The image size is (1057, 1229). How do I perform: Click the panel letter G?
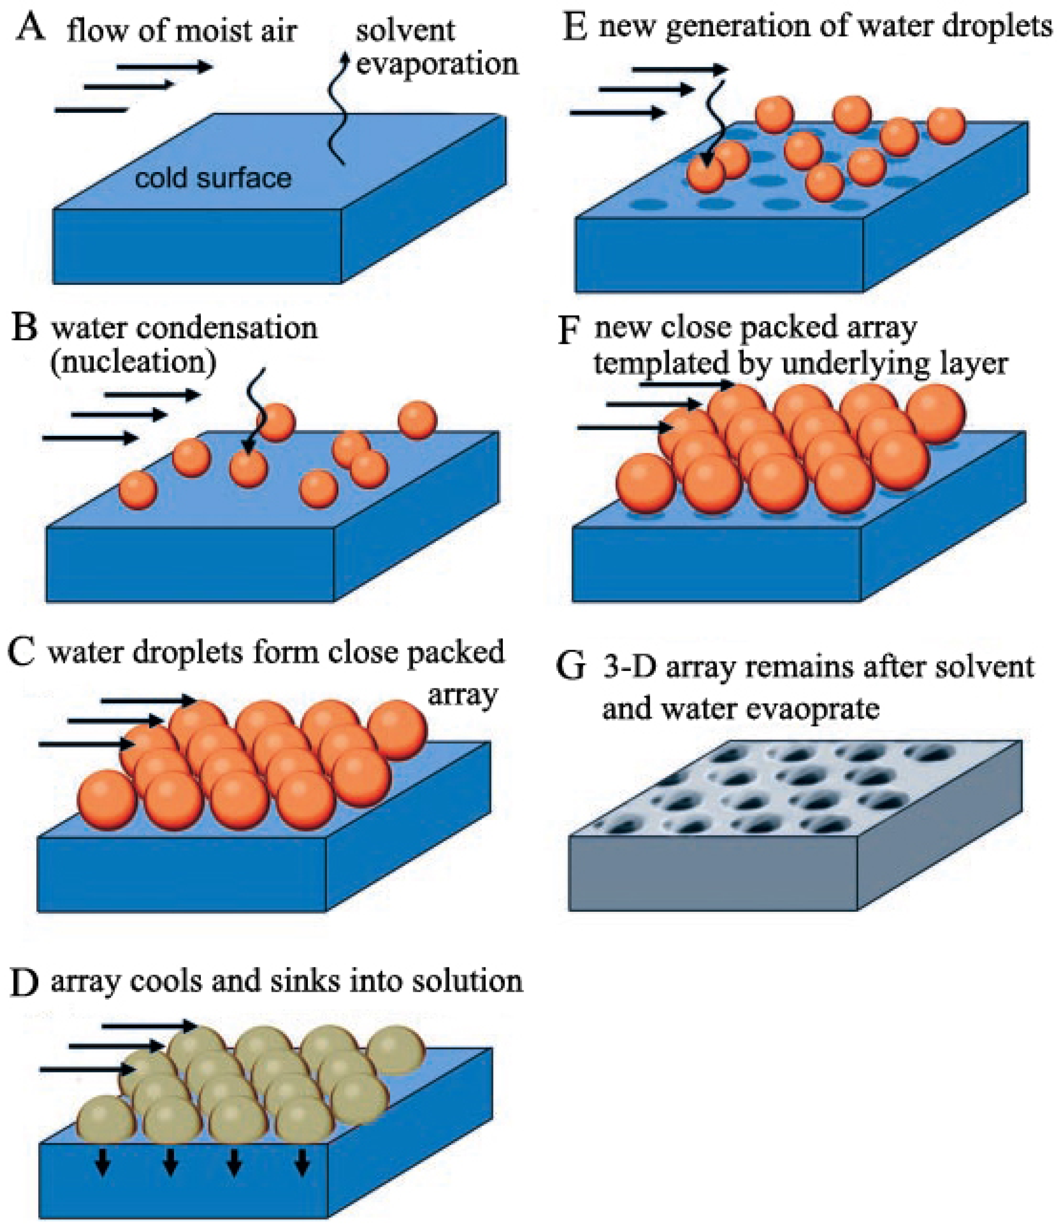coord(571,666)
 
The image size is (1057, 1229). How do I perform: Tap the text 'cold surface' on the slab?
coord(213,178)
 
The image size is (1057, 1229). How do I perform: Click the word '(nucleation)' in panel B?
coord(133,361)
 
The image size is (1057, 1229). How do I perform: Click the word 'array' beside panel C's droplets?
coord(462,694)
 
